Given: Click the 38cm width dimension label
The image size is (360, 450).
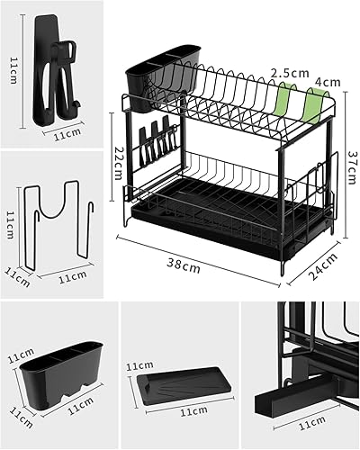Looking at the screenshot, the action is (x=184, y=265).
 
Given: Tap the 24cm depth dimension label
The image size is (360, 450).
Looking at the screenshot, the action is (x=323, y=266).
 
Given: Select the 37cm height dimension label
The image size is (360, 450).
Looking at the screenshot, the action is (x=353, y=166).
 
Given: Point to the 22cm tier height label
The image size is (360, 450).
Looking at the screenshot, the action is (x=118, y=163).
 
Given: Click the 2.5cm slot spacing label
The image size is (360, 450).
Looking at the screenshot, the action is (x=290, y=73).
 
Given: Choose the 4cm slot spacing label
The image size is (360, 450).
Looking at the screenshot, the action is (x=328, y=82).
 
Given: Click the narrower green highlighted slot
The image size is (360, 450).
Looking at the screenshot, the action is (x=283, y=101).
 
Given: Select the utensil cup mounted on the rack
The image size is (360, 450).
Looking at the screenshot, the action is (x=163, y=78).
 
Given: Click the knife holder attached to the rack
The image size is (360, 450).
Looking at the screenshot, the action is (x=157, y=140).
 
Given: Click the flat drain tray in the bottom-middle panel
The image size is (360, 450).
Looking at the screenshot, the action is (x=184, y=386).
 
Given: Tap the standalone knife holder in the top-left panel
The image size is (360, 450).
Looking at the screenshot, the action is (x=56, y=69).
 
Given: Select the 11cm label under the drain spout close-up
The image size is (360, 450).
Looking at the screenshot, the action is (x=312, y=423).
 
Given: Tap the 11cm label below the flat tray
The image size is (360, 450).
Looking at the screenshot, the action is (x=193, y=411).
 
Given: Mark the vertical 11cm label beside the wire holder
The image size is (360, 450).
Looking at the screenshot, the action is (x=10, y=225).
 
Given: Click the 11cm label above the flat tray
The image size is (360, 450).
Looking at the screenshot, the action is (x=139, y=365).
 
